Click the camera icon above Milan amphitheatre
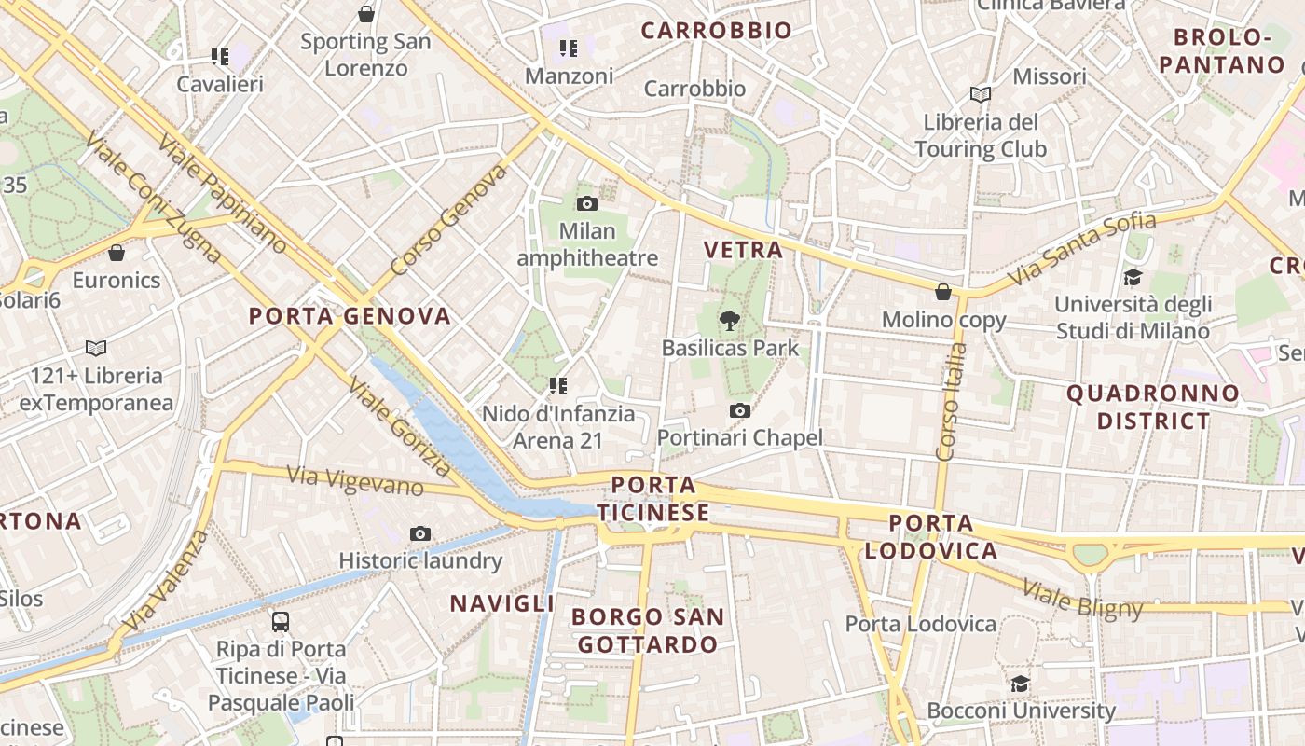tap(587, 203)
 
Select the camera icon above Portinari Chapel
tap(740, 410)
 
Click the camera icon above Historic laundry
tap(420, 533)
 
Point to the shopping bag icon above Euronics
tap(117, 253)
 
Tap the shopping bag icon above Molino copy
tap(943, 292)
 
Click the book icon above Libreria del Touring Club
tap(980, 94)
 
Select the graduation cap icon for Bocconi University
tap(1021, 684)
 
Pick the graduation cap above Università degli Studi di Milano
tap(1133, 277)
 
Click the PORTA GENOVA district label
tap(350, 316)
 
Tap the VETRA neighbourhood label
tap(743, 250)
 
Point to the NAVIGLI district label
tap(502, 603)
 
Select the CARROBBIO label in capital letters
tap(716, 31)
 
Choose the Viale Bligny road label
tap(1082, 598)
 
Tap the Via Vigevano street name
tap(355, 480)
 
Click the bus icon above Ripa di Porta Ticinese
tap(280, 621)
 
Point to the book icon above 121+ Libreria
tap(96, 348)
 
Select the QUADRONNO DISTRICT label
tap(1153, 407)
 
